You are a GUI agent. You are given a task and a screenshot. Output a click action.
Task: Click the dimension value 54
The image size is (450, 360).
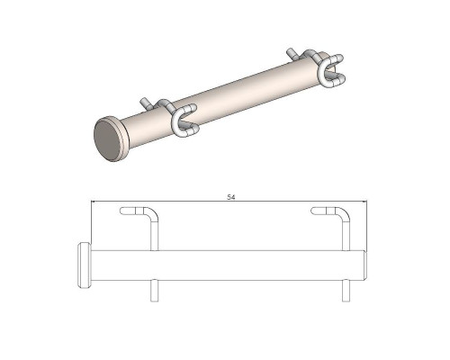pos(230,197)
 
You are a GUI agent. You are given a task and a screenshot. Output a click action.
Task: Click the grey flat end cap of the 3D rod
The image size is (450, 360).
pos(106,139)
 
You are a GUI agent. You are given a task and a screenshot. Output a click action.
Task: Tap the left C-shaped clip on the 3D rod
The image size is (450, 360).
pos(184,121)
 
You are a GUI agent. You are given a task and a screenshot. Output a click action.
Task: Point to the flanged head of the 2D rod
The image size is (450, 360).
pos(85,265)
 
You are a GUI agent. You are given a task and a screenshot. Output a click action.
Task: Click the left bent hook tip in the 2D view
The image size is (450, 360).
pos(122,211)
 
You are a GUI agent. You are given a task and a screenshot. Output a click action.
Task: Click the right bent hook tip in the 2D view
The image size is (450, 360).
pos(313,211)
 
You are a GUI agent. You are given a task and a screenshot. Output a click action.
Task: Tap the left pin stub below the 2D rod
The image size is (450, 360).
pos(154,291)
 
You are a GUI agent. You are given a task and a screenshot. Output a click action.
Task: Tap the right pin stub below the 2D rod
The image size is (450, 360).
pos(346,291)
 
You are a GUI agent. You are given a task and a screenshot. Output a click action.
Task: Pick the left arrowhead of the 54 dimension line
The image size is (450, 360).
pos(94,202)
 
